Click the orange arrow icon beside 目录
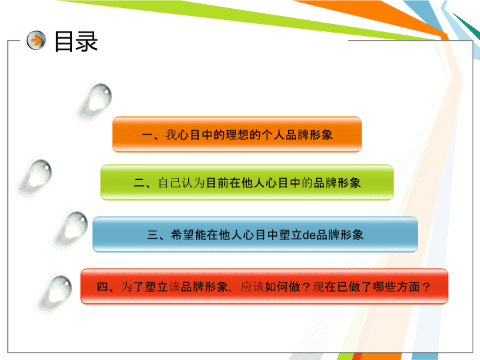tap(36, 41)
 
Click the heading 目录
tap(76, 41)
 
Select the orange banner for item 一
tap(237, 134)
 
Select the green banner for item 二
tap(247, 183)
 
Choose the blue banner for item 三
tap(255, 235)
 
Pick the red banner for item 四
tap(264, 287)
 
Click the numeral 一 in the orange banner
tap(147, 135)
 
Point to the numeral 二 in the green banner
tap(139, 183)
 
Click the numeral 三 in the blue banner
tap(153, 235)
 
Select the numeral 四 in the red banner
tap(103, 287)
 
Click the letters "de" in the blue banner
tap(309, 235)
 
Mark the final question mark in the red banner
tap(426, 287)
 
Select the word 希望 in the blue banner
tap(183, 235)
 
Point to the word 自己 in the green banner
tap(169, 183)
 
